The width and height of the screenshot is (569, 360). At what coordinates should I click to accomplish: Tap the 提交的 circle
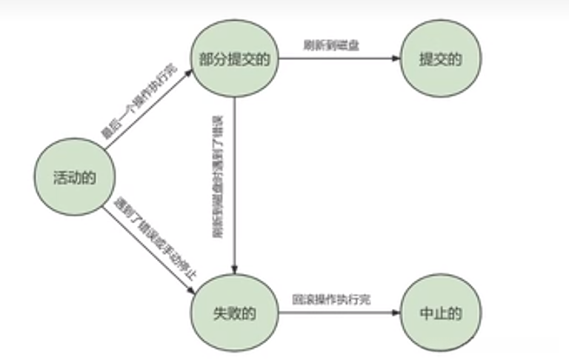(440, 59)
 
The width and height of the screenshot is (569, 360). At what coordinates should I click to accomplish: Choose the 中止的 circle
(440, 313)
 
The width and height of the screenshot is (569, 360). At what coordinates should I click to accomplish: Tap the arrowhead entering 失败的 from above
(233, 267)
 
